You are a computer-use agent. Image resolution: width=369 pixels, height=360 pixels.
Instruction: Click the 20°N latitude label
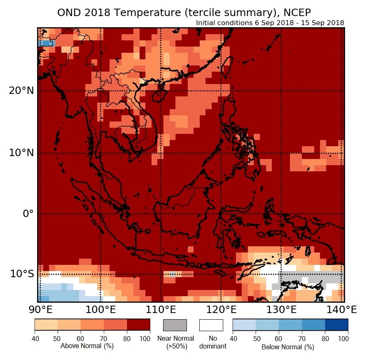click(21, 90)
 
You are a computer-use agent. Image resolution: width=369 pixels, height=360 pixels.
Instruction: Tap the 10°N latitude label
click(21, 153)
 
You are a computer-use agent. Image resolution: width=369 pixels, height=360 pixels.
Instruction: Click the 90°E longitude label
click(40, 309)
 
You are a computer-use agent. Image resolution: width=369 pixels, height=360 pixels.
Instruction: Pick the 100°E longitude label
click(101, 309)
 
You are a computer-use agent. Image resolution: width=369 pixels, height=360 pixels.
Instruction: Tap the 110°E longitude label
click(161, 309)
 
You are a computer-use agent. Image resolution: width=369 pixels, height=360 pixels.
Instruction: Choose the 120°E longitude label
click(221, 309)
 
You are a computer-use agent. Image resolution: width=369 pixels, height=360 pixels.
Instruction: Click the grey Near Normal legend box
click(175, 325)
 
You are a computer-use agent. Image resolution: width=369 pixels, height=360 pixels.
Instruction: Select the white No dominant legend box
click(211, 325)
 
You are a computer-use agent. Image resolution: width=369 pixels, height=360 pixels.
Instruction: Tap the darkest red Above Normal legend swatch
click(138, 325)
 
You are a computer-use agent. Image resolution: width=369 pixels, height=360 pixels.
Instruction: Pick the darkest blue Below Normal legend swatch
click(336, 325)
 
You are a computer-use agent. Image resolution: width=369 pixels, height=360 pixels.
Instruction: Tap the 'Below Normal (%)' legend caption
click(288, 347)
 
